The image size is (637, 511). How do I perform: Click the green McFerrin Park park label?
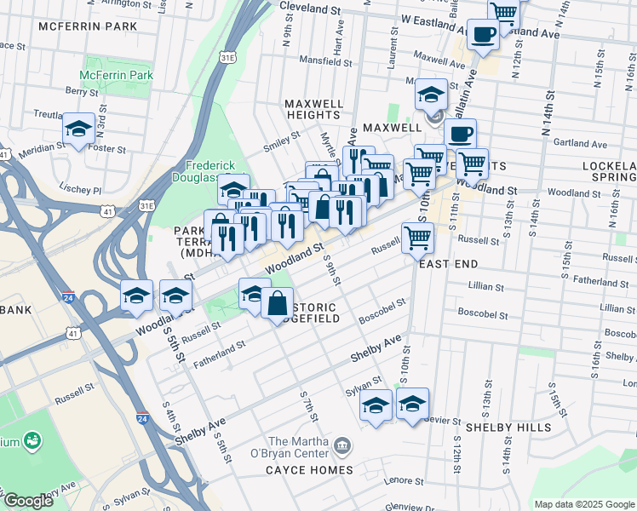117,75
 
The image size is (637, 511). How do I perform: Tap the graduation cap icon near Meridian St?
79,129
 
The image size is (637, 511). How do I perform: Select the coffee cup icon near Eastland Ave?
483,35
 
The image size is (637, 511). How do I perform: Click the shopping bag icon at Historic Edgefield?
277,303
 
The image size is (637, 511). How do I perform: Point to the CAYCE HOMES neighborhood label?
308,470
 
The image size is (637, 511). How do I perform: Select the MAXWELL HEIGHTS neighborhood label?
314,109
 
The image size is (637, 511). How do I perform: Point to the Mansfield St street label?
325,61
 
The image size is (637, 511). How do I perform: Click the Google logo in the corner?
27,501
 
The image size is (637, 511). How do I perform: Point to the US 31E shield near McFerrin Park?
228,58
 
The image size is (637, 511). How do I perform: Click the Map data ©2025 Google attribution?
583,504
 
